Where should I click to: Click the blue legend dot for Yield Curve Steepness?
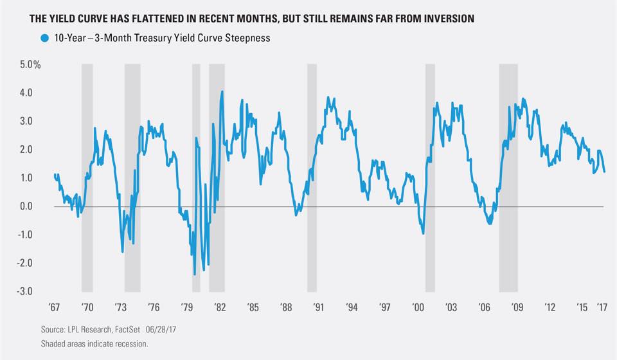(44, 38)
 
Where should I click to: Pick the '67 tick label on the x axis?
(55, 306)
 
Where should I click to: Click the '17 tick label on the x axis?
(602, 306)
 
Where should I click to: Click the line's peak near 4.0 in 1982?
(222, 91)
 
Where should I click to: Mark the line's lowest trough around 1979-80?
(194, 274)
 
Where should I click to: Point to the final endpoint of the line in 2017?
(605, 172)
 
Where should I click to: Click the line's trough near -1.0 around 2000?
(423, 233)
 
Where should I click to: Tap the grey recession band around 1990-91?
(312, 178)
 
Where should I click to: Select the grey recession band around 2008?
(508, 178)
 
